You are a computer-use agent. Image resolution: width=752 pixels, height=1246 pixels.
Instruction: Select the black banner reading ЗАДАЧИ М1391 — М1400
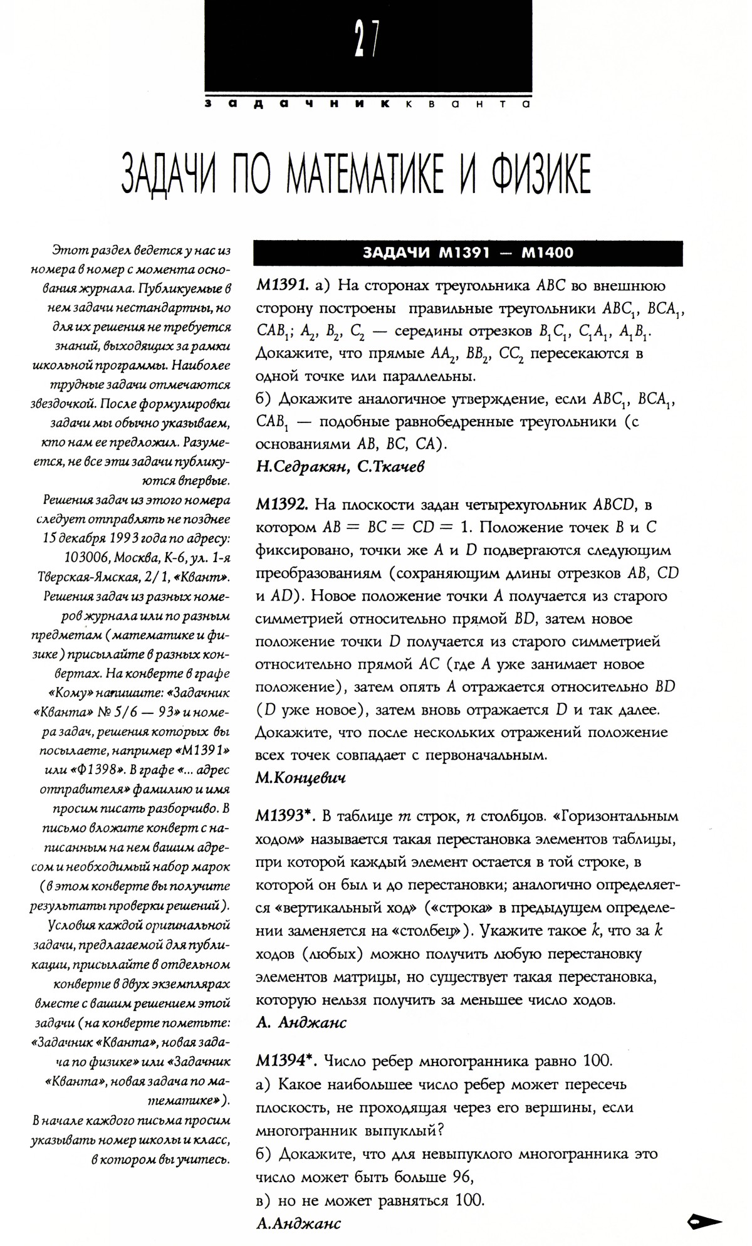[467, 253]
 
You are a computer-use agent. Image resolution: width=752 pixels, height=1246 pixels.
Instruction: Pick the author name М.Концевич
[301, 778]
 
